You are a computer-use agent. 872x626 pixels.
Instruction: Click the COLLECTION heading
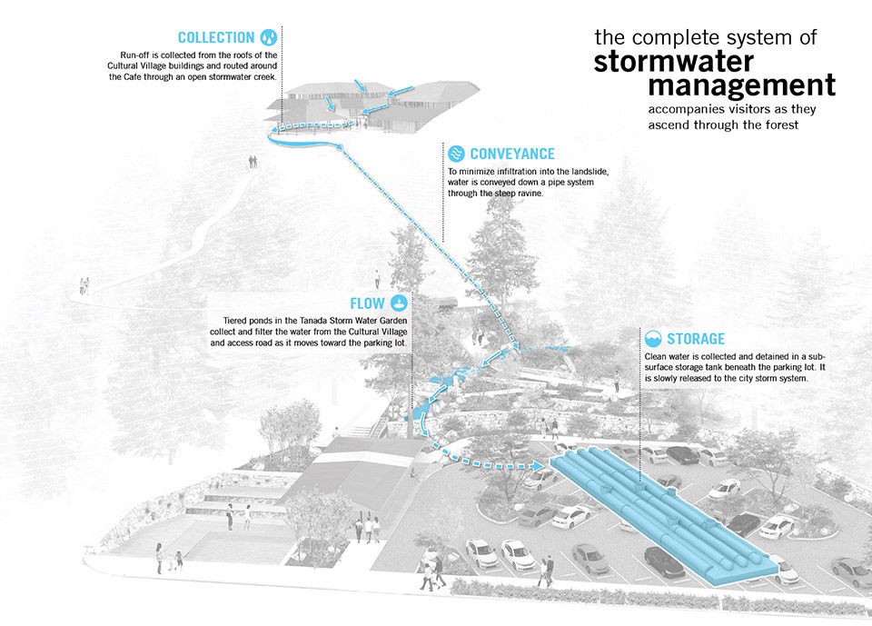(x=216, y=37)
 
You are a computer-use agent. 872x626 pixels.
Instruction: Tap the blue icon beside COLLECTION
(x=269, y=37)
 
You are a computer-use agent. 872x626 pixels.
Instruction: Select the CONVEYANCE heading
(x=512, y=154)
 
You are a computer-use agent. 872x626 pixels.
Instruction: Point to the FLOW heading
(x=369, y=303)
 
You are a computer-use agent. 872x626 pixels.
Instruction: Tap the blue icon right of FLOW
(x=401, y=303)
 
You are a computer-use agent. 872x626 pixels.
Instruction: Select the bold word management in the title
(x=741, y=86)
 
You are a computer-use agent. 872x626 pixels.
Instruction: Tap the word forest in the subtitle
(x=780, y=125)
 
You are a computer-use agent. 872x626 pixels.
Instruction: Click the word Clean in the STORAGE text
(x=658, y=356)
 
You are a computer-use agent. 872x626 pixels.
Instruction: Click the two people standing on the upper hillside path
(x=253, y=162)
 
